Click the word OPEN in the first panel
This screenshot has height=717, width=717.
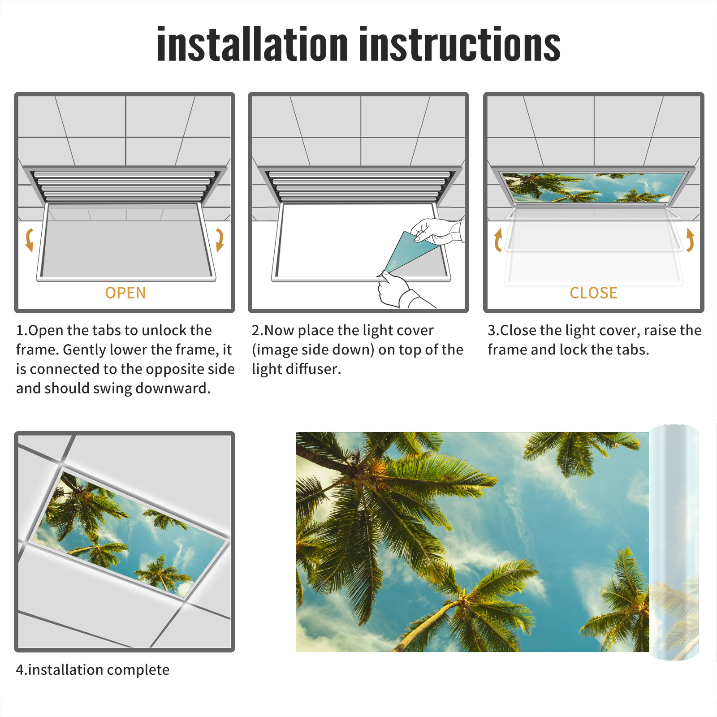[125, 293]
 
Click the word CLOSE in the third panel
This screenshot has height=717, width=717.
[593, 293]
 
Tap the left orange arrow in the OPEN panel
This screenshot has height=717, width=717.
[30, 240]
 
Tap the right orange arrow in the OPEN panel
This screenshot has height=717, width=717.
[220, 240]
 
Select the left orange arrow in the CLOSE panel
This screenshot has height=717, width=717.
[497, 240]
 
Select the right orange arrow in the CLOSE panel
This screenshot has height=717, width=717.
[690, 240]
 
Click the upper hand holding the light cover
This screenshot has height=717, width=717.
[437, 231]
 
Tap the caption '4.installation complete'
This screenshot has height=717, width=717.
[93, 669]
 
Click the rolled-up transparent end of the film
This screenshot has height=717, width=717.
[674, 542]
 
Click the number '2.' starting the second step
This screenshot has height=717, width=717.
[258, 330]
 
